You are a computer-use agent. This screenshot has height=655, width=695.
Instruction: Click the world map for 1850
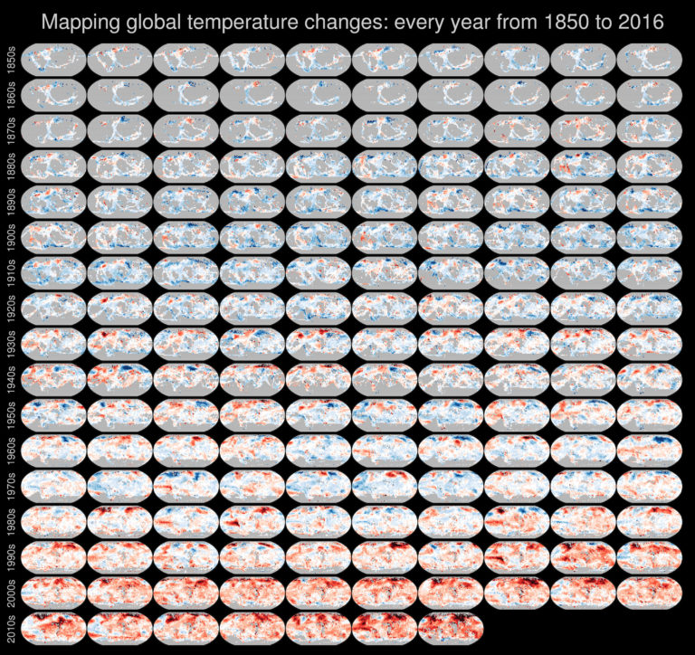pos(53,59)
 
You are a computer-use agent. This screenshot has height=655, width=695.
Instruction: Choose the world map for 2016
pos(451,627)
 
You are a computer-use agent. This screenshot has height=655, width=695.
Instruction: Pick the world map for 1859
pos(649,59)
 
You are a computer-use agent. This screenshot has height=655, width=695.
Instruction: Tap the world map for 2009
pos(649,592)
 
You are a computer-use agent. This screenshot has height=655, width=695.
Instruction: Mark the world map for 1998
pos(583,555)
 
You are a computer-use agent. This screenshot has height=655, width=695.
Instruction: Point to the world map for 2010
pos(53,627)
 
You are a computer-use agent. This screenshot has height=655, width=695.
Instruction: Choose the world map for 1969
pos(649,450)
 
